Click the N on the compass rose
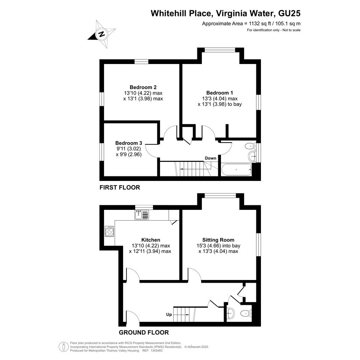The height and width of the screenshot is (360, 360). point(101,34)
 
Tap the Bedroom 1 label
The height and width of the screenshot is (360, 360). point(219,93)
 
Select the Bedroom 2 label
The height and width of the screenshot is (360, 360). point(143,87)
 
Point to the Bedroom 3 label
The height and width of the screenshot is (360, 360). point(129,143)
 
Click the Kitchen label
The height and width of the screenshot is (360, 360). point(150,240)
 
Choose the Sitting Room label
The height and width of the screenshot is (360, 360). point(218,240)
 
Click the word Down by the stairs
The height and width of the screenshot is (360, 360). point(211,158)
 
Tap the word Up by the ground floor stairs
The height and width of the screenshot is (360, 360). point(169,315)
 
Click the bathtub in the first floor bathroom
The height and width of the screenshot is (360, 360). point(237,170)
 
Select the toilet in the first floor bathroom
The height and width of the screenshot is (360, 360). point(250,146)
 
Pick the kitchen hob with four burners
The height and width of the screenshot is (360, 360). point(109,231)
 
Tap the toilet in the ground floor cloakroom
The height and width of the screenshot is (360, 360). point(246,313)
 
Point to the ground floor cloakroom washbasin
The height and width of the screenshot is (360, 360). point(230,313)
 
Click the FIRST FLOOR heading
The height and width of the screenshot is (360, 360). point(120,187)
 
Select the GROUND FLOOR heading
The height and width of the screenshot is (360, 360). point(144,333)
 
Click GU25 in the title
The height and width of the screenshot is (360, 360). point(289,13)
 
